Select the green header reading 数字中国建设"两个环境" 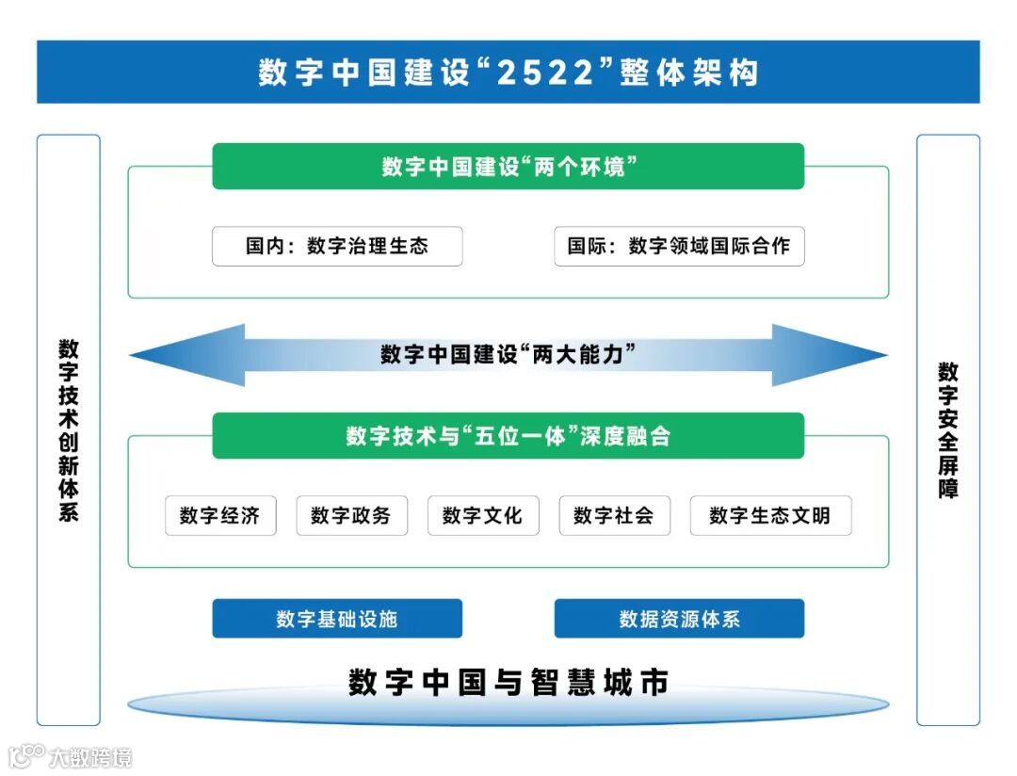(x=508, y=167)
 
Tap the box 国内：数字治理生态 (x=337, y=246)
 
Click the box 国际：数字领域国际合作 (x=679, y=246)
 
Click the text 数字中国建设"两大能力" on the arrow (x=508, y=355)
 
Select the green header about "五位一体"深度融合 (x=508, y=436)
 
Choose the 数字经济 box (x=220, y=516)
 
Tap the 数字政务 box (x=351, y=516)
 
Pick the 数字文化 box (x=483, y=516)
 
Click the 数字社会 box (x=614, y=516)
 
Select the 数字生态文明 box (x=770, y=516)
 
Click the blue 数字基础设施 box (x=337, y=619)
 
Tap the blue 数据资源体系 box (x=679, y=619)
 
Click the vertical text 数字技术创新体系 (x=69, y=429)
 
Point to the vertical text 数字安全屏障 (x=947, y=429)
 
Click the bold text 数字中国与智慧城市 (x=508, y=682)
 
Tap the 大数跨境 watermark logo (x=71, y=756)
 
